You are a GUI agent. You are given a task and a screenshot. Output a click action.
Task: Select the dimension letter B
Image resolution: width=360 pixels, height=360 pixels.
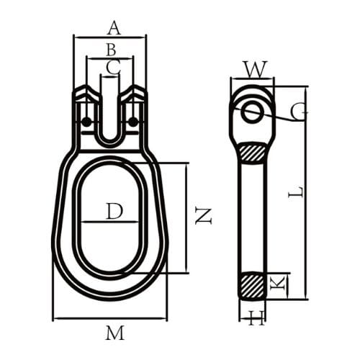tap(110, 50)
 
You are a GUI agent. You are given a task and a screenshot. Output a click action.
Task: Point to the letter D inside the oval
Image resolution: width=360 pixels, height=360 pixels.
tap(114, 211)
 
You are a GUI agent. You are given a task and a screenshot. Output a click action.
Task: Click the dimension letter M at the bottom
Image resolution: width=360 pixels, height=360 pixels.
tap(114, 333)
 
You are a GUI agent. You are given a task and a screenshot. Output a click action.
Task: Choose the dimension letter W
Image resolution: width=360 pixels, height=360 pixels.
tap(254, 69)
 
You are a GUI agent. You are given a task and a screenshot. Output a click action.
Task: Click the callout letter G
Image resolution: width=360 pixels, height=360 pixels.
tap(299, 112)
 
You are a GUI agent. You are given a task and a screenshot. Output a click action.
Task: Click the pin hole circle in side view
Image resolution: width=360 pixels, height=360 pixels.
tap(252, 112)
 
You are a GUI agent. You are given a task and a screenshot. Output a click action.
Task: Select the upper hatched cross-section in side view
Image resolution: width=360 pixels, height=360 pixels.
tap(253, 153)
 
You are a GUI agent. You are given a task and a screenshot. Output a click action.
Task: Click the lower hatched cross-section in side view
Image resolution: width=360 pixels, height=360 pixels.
tap(253, 284)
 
